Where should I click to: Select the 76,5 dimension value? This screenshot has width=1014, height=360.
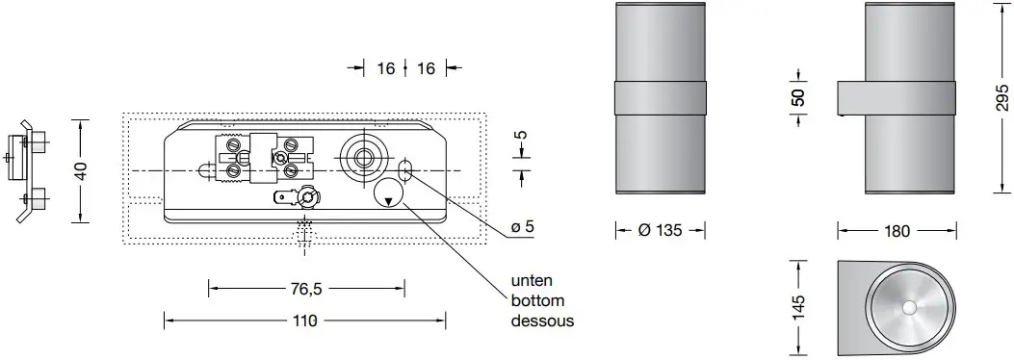point(306,287)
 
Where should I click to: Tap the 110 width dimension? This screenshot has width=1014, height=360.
point(306,320)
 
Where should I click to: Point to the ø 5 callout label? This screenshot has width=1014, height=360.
point(524,227)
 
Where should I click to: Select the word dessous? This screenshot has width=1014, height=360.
point(542,321)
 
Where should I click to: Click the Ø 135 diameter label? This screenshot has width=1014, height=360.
point(660,230)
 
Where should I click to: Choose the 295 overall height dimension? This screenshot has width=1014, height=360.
point(1001,99)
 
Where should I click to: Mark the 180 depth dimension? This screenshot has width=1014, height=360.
point(897,230)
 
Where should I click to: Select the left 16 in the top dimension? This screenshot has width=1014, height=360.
point(385,68)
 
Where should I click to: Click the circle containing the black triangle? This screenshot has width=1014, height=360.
point(389,195)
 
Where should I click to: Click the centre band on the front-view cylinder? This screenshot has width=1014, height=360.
point(660,99)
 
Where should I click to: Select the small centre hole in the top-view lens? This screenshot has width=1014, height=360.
point(911,308)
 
